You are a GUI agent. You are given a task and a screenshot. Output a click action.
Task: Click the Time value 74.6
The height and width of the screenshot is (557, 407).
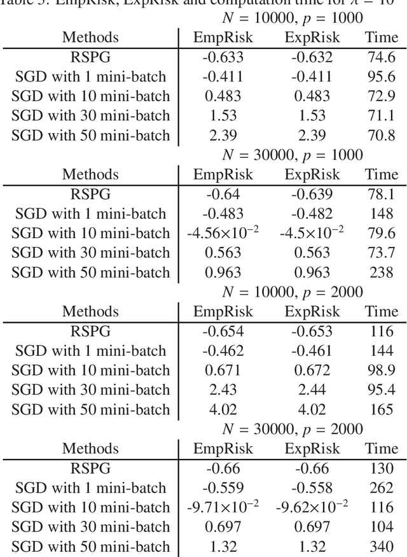tap(382, 58)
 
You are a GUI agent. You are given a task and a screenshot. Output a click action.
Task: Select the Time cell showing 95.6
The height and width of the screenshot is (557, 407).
tap(382, 77)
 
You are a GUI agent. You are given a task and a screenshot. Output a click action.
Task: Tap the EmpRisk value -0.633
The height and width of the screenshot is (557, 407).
tap(223, 58)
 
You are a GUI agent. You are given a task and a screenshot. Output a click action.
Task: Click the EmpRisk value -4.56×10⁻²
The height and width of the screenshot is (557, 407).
tap(223, 233)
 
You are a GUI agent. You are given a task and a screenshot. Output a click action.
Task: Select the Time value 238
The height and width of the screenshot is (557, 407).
tap(382, 272)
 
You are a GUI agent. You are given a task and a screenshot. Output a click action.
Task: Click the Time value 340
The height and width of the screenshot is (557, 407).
tap(382, 547)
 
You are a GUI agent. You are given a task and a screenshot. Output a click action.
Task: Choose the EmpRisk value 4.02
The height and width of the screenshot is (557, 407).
tap(223, 409)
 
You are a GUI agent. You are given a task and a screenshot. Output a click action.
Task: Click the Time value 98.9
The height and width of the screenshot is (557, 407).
tap(382, 370)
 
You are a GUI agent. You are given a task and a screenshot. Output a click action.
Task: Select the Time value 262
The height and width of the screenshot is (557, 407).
tap(382, 488)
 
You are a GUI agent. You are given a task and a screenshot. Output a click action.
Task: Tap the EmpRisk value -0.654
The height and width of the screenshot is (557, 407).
tap(223, 332)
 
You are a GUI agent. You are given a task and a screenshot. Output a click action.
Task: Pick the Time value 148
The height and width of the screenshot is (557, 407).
tap(382, 214)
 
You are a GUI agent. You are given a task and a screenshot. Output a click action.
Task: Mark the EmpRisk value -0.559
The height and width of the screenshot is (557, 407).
tap(223, 488)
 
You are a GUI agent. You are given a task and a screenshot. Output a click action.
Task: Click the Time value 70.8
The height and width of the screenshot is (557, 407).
tap(382, 136)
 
